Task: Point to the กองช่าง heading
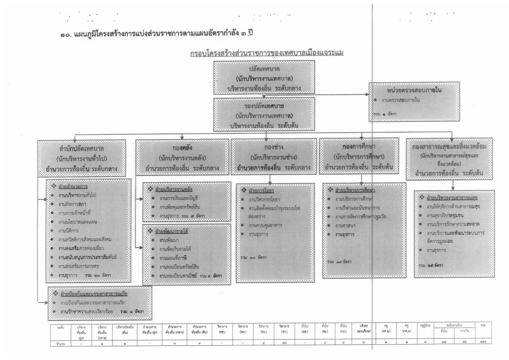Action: point(273,144)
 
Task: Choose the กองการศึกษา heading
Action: point(357,144)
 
